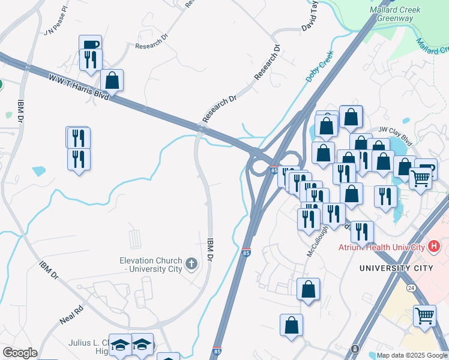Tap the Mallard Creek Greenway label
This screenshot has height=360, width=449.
(394, 14)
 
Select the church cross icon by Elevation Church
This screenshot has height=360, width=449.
(191, 264)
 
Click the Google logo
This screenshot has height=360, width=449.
(19, 353)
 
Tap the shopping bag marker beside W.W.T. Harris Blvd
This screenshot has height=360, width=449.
(112, 80)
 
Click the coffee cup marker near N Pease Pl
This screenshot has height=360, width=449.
(90, 44)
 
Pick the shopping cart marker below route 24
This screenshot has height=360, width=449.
(424, 315)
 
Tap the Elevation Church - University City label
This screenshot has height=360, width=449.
(150, 265)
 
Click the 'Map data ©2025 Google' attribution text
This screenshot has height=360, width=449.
(412, 355)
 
